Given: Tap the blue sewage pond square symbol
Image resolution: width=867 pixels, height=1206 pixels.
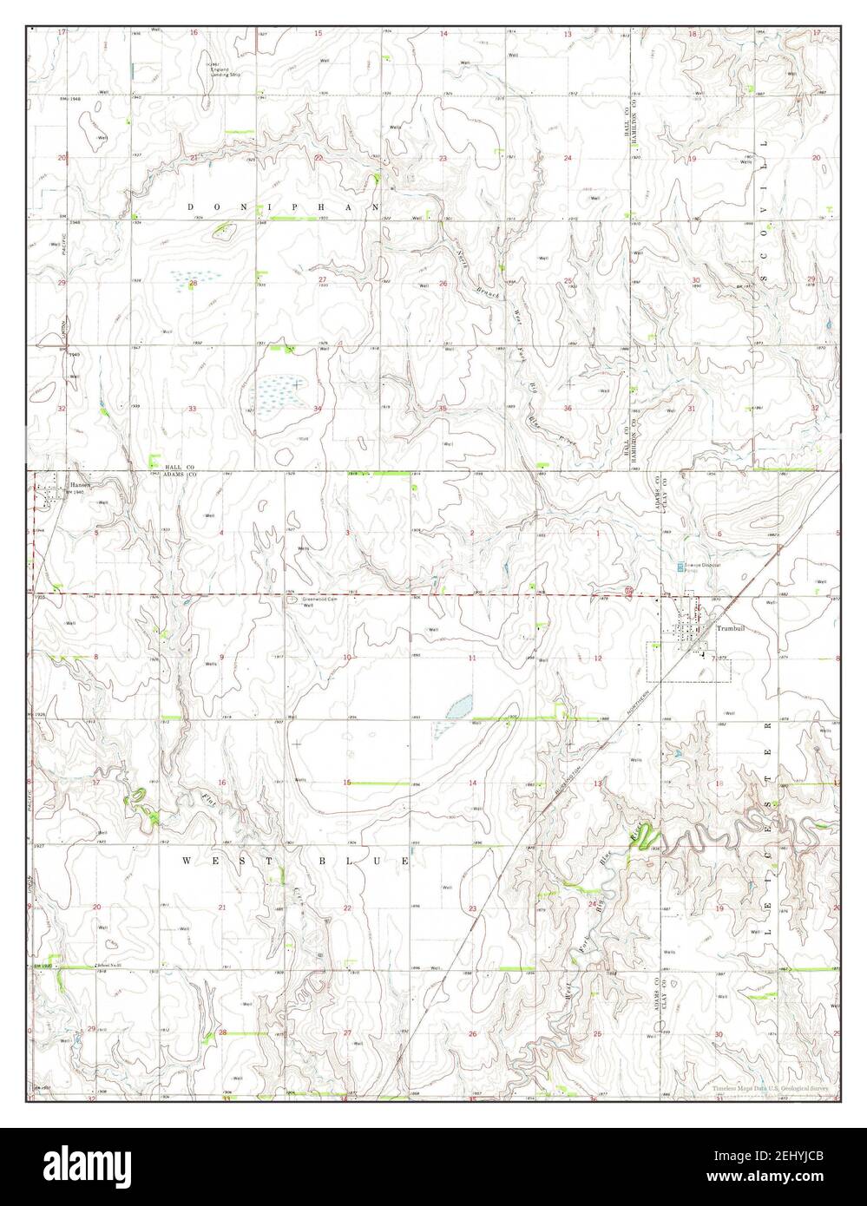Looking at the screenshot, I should pos(680,566).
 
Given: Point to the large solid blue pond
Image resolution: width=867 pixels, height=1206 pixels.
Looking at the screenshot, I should pos(460,706).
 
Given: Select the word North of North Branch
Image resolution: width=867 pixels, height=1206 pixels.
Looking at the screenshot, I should pos(463,258).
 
